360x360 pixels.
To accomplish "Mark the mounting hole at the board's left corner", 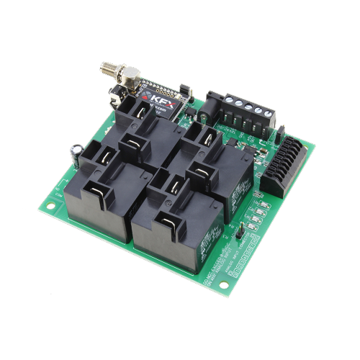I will pyautogui.click(x=51, y=209).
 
